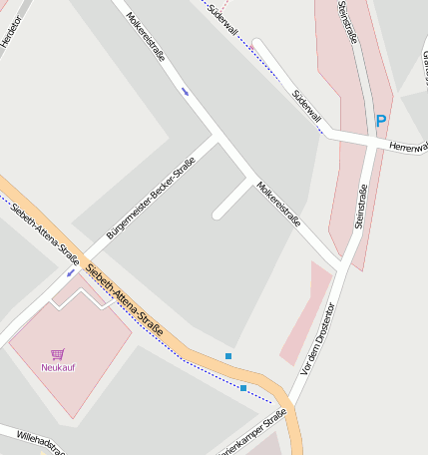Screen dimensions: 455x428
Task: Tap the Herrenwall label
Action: click(408, 146)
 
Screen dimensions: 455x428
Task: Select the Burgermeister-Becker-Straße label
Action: click(150, 191)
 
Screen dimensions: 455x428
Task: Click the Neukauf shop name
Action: click(58, 367)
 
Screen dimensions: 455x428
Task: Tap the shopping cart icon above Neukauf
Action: click(58, 353)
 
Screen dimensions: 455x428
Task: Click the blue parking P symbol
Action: click(380, 121)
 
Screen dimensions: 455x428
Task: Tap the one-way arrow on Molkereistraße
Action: click(186, 92)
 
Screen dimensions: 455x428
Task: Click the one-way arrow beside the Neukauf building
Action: click(71, 271)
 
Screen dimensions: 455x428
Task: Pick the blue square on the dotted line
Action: click(243, 388)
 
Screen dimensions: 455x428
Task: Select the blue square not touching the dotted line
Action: click(228, 356)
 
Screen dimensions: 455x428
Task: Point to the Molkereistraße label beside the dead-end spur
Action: click(278, 205)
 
